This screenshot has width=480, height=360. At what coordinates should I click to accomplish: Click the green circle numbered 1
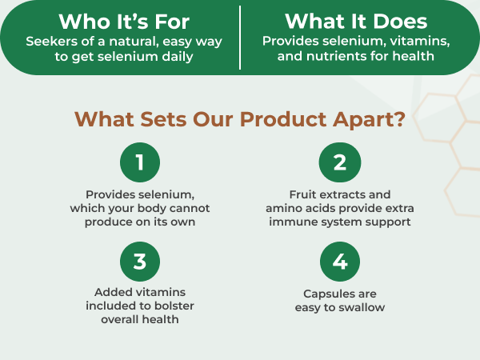point(140,162)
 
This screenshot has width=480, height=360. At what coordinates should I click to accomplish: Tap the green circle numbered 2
point(340,162)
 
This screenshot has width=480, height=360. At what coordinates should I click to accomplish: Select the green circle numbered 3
point(140,262)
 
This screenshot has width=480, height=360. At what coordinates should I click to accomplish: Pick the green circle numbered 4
point(340,262)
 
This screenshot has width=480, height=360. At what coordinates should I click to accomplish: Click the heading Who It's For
point(124,22)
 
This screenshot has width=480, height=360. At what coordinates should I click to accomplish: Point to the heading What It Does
point(356,22)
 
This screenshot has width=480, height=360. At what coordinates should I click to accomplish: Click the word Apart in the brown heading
point(369,119)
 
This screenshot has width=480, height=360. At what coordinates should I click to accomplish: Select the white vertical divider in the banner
point(240,38)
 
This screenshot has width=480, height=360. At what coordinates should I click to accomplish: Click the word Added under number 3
point(109,292)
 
